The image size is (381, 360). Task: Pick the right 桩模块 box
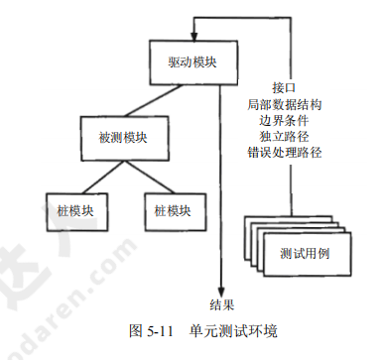172,210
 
